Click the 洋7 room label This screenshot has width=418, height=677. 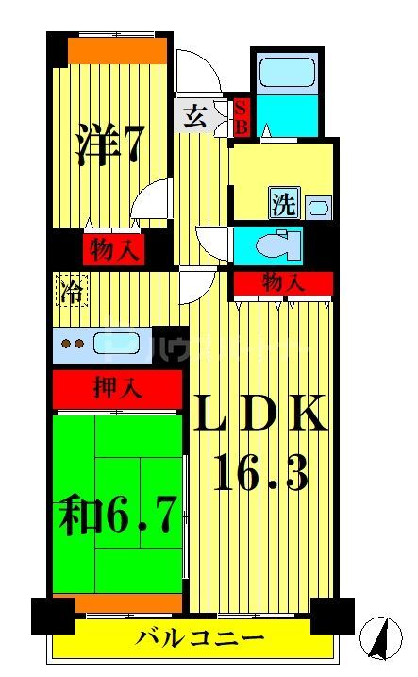(109, 144)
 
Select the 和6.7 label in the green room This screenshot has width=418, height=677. (118, 516)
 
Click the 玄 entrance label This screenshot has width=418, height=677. (194, 117)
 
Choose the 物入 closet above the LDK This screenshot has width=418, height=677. (283, 281)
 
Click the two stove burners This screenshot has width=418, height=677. (72, 343)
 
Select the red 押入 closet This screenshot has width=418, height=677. (116, 387)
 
